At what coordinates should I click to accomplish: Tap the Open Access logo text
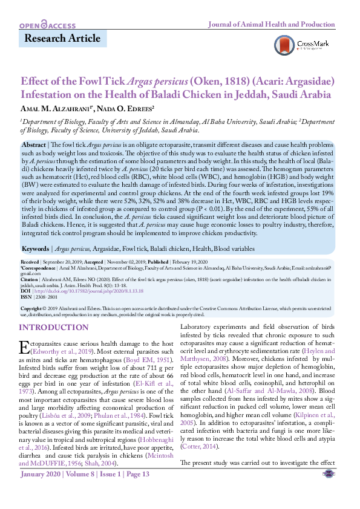click(x=48, y=25)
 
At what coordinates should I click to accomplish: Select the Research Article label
click(x=62, y=39)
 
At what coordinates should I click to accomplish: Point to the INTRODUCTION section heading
click(x=53, y=327)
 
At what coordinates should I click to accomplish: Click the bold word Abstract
click(x=34, y=146)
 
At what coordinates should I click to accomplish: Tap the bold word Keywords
click(x=36, y=265)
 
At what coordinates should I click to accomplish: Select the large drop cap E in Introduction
click(x=25, y=348)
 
